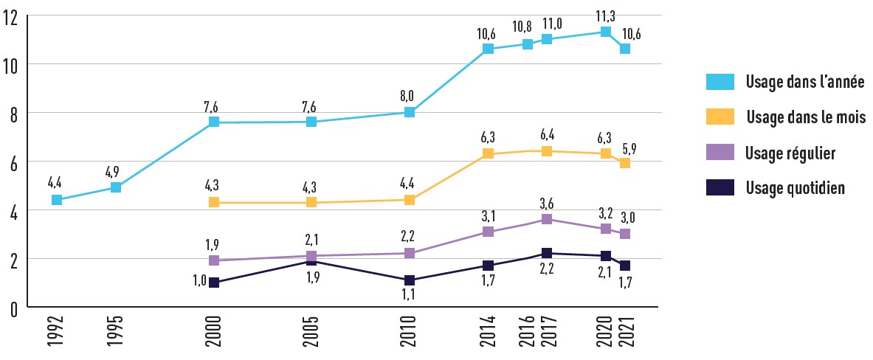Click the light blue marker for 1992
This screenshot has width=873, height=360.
(56, 200)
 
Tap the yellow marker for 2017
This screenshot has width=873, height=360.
(547, 151)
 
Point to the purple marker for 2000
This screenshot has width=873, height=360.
(214, 260)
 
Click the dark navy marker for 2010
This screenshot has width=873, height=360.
(409, 280)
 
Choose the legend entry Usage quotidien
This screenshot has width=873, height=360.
(795, 188)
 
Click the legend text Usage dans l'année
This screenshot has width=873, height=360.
(804, 83)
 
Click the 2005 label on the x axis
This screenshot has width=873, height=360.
(311, 336)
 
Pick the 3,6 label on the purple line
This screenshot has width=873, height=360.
(547, 201)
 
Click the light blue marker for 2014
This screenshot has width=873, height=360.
(488, 49)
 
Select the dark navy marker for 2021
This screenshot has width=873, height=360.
(625, 266)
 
